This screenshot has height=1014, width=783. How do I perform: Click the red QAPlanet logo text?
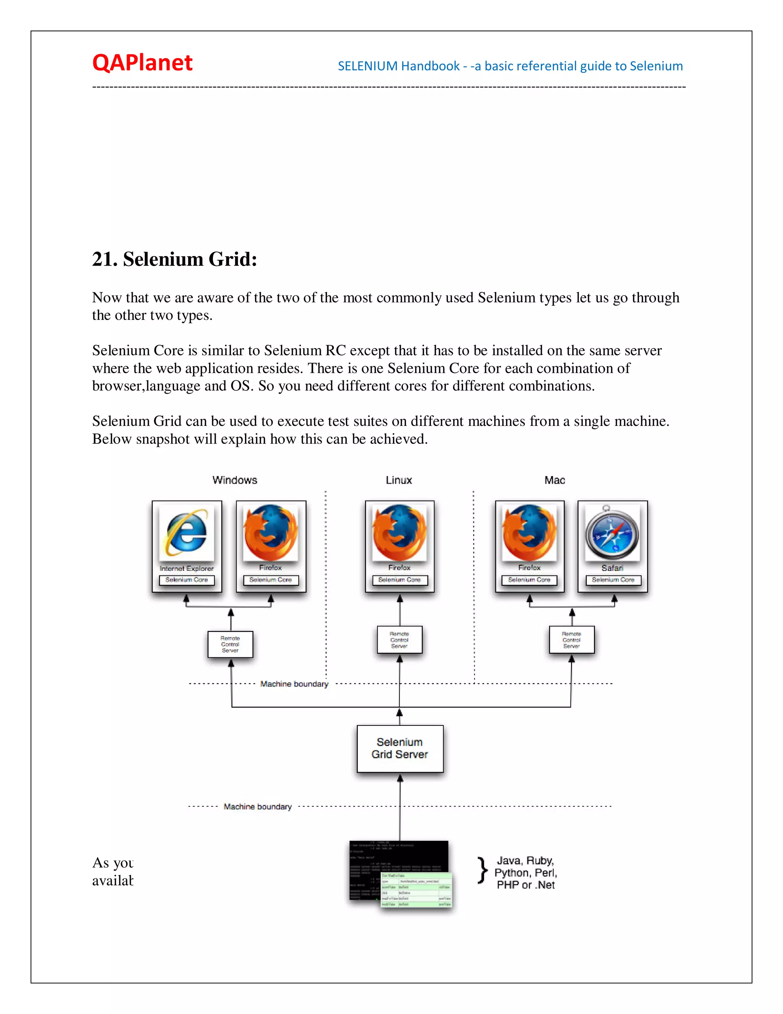pyautogui.click(x=142, y=63)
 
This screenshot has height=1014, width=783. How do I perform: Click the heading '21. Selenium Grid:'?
pyautogui.click(x=174, y=259)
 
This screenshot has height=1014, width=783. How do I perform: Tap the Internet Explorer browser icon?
pyautogui.click(x=187, y=533)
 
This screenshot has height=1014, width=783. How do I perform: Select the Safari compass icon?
pyautogui.click(x=612, y=533)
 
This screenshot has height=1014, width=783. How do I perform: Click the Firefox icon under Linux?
pyautogui.click(x=400, y=533)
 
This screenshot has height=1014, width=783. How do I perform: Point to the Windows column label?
pyautogui.click(x=235, y=480)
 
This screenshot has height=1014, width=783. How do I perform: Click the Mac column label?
pyautogui.click(x=554, y=480)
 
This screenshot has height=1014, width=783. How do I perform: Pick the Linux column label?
pyautogui.click(x=399, y=480)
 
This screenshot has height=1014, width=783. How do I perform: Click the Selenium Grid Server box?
pyautogui.click(x=400, y=748)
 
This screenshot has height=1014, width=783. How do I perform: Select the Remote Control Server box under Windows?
pyautogui.click(x=230, y=644)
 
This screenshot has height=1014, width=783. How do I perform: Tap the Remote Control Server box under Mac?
pyautogui.click(x=572, y=640)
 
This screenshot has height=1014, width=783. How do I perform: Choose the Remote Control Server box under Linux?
pyautogui.click(x=400, y=640)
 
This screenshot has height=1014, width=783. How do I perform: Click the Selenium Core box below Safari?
pyautogui.click(x=613, y=580)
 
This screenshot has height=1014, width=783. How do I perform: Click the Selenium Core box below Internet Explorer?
pyautogui.click(x=187, y=580)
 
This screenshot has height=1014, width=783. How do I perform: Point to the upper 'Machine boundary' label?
pyautogui.click(x=294, y=684)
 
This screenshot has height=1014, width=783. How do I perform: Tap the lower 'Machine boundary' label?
pyautogui.click(x=257, y=807)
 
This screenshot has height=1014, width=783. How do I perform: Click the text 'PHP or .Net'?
pyautogui.click(x=526, y=885)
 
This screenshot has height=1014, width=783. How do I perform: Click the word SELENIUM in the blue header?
pyautogui.click(x=367, y=67)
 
